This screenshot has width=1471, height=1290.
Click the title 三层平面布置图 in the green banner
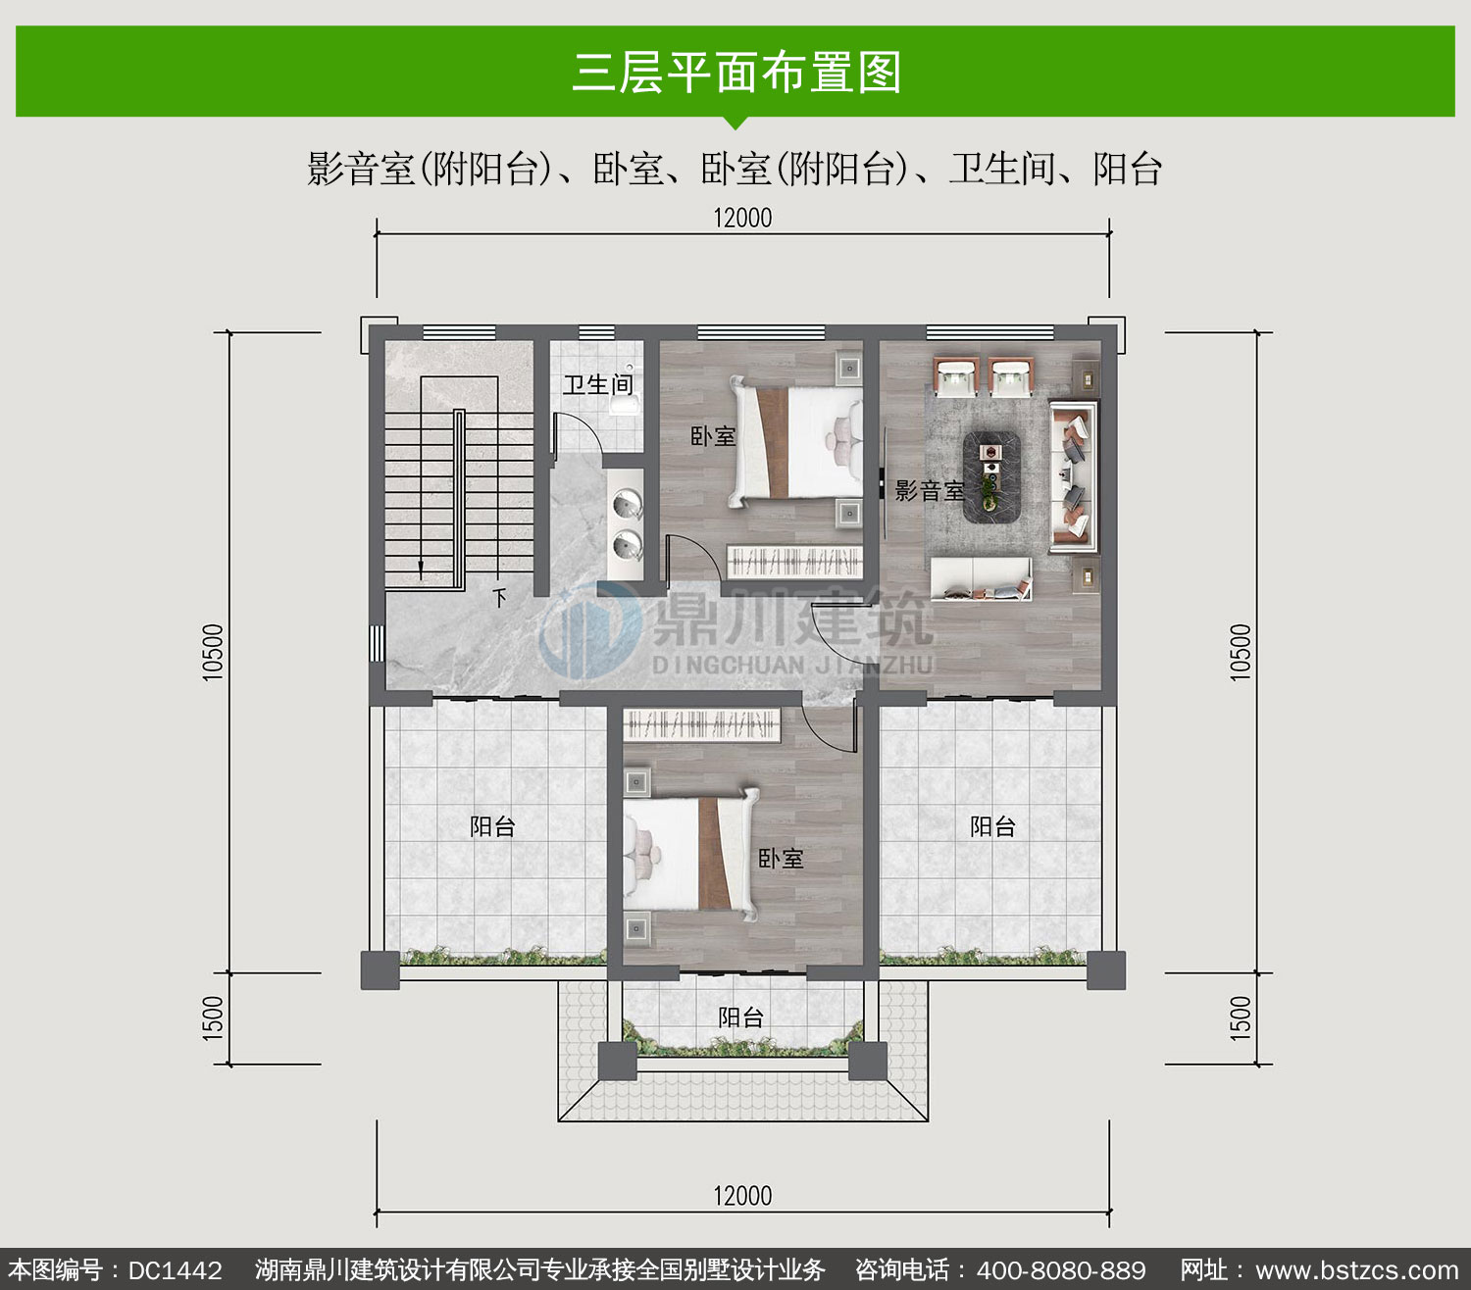(736, 72)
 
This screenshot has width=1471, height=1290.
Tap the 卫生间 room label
(597, 384)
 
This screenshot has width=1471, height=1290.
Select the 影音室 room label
(930, 491)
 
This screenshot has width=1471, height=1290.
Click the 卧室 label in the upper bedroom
(713, 435)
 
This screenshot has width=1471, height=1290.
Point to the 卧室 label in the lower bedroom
(781, 859)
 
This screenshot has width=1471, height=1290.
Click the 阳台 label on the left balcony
(492, 826)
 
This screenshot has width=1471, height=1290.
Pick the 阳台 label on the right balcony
(992, 826)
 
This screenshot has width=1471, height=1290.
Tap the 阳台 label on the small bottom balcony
(740, 1017)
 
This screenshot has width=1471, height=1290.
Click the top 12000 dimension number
(742, 218)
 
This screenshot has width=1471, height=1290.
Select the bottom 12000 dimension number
(742, 1196)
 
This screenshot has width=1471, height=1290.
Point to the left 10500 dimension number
(212, 652)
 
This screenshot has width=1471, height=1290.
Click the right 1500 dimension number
(1241, 1018)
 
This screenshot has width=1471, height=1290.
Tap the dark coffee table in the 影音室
(991, 477)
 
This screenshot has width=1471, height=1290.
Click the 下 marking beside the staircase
(499, 597)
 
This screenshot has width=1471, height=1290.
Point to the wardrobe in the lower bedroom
(702, 724)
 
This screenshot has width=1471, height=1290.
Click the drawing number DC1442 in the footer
(175, 1269)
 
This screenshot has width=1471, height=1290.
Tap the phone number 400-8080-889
(1061, 1269)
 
